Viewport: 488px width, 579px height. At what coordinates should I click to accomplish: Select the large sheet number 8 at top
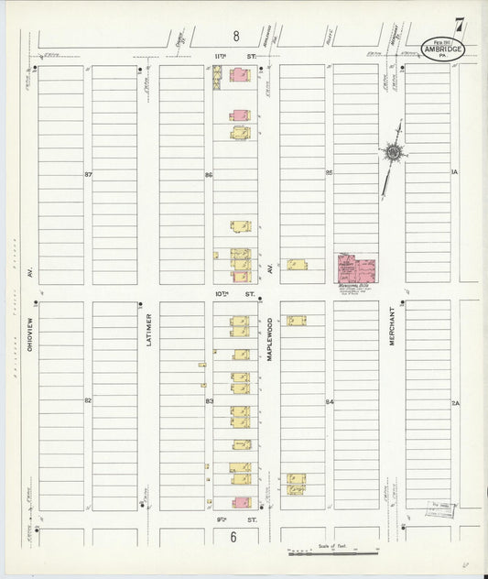pos(236,37)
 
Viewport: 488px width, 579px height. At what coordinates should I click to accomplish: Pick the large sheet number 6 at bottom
pos(234,537)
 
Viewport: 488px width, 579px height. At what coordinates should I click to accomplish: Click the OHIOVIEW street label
pos(31,321)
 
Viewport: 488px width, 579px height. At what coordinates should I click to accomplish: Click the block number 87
pos(88,174)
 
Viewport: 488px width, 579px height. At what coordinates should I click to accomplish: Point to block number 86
pos(209,174)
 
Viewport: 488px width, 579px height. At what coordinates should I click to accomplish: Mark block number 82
pos(88,400)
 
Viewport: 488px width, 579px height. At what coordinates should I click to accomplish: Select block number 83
pos(209,401)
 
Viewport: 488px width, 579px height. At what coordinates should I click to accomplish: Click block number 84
pos(329,401)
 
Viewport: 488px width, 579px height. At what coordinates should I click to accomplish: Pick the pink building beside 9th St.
pos(242,502)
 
